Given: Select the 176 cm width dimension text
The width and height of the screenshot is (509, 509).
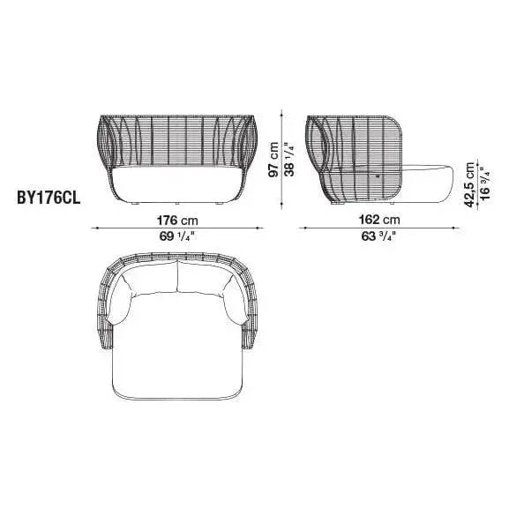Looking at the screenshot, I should pyautogui.click(x=176, y=219).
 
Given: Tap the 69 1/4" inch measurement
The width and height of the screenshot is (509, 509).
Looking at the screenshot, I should pyautogui.click(x=176, y=236).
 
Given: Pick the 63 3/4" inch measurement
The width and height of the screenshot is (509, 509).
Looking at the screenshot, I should pyautogui.click(x=378, y=236).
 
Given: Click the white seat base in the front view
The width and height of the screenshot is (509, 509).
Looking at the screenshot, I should pyautogui.click(x=176, y=190).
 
